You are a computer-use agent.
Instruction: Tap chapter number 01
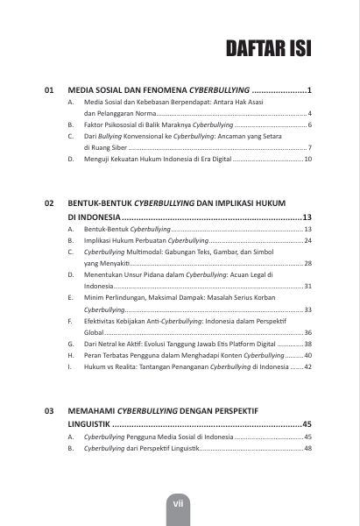click(x=50, y=90)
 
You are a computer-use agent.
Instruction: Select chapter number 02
click(x=50, y=203)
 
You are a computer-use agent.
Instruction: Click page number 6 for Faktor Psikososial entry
click(x=310, y=126)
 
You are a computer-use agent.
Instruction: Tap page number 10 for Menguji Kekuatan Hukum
click(x=307, y=160)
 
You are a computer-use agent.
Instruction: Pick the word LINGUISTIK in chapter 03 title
click(x=95, y=423)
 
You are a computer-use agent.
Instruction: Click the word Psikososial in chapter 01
click(x=120, y=126)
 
